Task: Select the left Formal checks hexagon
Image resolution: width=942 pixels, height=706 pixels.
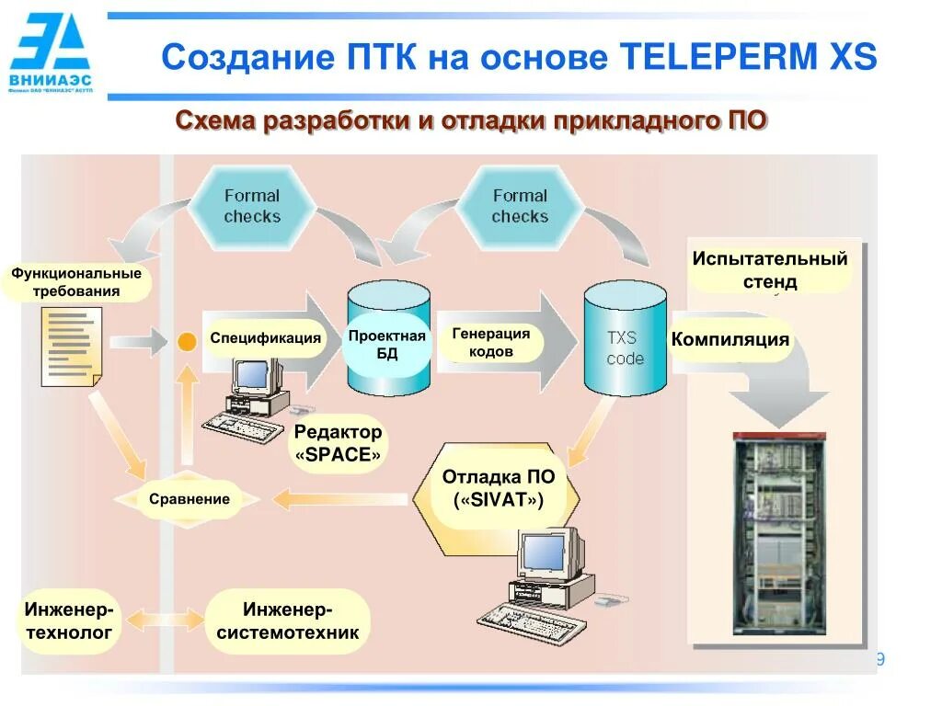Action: [252, 206]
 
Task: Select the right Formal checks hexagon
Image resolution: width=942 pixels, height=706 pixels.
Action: [520, 206]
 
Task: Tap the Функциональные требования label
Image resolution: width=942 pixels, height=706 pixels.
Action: [76, 282]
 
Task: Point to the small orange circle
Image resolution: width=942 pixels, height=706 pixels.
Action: [187, 342]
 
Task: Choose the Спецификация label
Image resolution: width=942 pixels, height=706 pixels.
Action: [265, 338]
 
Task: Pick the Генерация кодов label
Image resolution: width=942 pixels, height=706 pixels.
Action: [491, 343]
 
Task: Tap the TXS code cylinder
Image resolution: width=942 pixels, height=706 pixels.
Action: [626, 338]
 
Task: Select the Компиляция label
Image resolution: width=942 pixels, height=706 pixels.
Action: [730, 339]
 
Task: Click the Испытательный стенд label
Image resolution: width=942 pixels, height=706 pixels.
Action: [770, 269]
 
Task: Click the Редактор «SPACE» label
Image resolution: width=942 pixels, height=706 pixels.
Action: [338, 443]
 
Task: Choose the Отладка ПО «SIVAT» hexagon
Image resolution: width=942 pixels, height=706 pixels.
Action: [498, 489]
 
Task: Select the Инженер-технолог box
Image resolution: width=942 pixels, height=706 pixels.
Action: [69, 621]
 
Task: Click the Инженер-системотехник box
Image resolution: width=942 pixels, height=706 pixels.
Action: [288, 621]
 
